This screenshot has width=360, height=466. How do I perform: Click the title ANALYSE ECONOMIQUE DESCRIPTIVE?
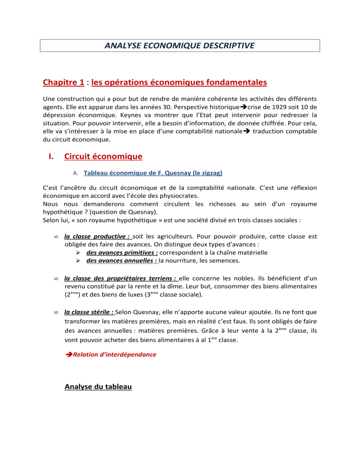click(x=180, y=45)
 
